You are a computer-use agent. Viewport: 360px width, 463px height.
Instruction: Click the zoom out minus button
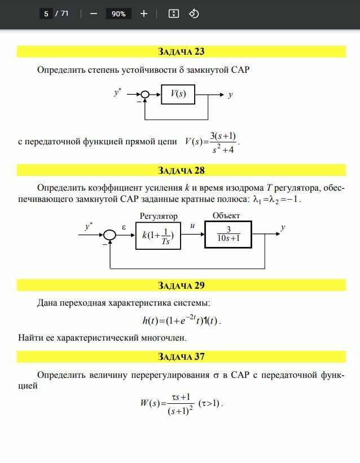coord(94,14)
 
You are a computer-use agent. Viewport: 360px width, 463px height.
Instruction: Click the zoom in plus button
coord(144,14)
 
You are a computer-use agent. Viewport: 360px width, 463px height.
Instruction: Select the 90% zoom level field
coord(118,14)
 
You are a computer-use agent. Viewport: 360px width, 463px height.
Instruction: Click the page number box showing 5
coord(46,14)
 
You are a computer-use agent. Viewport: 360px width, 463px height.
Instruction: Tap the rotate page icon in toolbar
coord(194,14)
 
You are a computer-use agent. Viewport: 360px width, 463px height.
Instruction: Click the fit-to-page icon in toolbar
coord(174,14)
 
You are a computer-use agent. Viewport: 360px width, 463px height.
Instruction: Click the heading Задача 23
coord(181,52)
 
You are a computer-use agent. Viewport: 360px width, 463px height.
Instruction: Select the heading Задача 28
coord(181,170)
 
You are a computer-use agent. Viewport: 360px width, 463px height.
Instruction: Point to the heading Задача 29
coord(181,285)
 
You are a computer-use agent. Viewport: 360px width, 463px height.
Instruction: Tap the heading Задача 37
coord(181,356)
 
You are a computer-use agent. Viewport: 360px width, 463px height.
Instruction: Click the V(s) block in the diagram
coord(178,94)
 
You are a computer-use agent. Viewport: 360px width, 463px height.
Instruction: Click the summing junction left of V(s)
coord(145,95)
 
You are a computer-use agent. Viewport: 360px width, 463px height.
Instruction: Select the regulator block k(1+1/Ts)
coord(158,235)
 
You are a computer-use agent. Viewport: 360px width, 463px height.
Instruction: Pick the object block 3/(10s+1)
coord(229,234)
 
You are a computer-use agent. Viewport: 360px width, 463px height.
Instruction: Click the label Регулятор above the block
coord(159,216)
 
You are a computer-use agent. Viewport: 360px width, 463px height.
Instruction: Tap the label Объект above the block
coord(226,215)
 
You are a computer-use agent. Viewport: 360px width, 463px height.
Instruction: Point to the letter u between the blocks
coord(192,226)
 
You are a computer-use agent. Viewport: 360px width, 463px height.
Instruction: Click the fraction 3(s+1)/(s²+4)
coord(223,142)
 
